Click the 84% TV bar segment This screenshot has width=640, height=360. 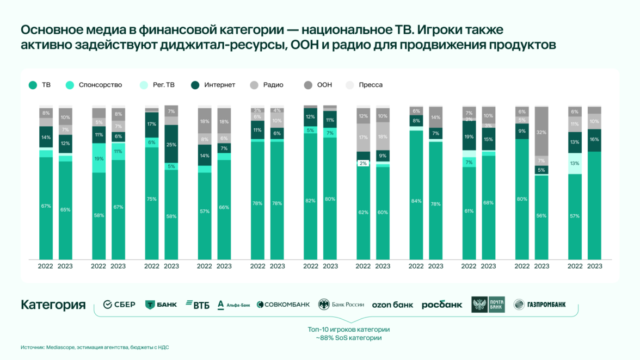click(416, 201)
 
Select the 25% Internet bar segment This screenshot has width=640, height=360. click(171, 144)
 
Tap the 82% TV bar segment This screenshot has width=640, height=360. click(311, 201)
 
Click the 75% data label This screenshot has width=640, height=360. click(151, 199)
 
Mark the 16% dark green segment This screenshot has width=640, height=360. click(594, 140)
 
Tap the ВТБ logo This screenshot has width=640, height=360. click(198, 305)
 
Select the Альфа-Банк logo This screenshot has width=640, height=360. click(233, 305)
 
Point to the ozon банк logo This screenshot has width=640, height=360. click(392, 305)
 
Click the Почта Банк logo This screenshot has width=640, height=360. click(488, 305)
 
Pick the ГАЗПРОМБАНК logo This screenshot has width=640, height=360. click(539, 305)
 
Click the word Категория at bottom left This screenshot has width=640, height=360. click(53, 305)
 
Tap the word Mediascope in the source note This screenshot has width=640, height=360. click(60, 347)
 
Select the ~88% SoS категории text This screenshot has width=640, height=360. click(349, 338)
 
